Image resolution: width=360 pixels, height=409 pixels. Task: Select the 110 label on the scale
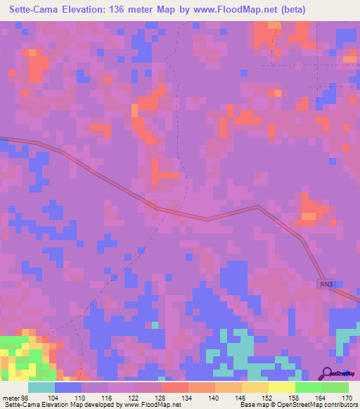[x=80, y=398]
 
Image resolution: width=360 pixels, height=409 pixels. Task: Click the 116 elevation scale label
[x=107, y=398]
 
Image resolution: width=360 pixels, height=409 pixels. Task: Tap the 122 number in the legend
[x=134, y=398]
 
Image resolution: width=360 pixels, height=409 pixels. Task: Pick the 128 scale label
[x=160, y=398]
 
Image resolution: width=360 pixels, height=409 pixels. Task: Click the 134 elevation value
[x=187, y=398]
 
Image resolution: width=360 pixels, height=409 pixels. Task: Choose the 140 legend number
[x=214, y=398]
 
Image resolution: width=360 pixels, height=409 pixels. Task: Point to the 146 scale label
[x=240, y=398]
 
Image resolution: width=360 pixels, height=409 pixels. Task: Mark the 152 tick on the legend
[x=267, y=398]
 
